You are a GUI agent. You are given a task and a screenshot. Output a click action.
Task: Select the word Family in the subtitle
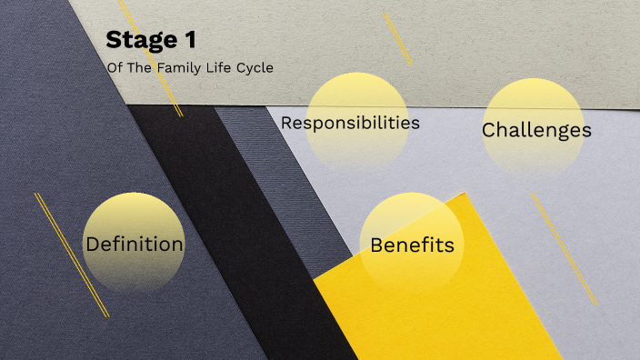tap(181, 67)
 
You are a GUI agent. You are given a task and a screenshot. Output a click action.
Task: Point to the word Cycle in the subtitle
tap(255, 67)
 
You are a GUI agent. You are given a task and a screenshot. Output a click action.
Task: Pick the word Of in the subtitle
tap(115, 67)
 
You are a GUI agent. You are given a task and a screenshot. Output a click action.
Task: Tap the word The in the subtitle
tap(141, 67)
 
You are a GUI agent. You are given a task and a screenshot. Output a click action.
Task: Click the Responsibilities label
tap(350, 122)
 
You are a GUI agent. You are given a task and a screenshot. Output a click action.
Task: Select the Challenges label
tap(536, 130)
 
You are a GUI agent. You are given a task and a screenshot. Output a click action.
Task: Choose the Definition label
tap(135, 244)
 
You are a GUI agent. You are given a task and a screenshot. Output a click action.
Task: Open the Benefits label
tap(412, 245)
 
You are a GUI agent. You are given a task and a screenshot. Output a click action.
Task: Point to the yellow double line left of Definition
tap(72, 255)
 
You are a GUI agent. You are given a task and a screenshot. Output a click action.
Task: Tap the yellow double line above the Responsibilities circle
tap(397, 38)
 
